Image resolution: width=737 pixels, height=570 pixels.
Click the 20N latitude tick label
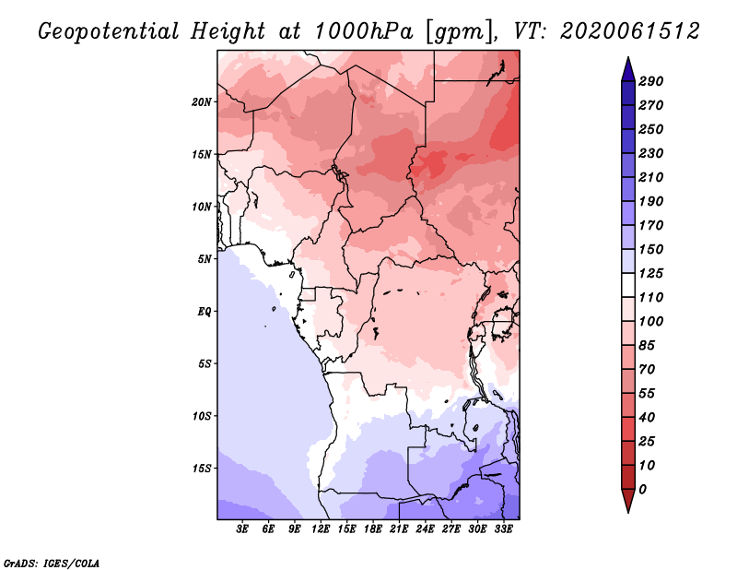click(202, 101)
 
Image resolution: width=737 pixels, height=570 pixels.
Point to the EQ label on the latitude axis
click(205, 311)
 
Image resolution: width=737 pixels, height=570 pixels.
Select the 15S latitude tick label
click(202, 468)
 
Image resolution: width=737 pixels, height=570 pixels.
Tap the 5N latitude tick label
click(205, 259)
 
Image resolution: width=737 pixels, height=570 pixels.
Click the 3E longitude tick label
click(243, 530)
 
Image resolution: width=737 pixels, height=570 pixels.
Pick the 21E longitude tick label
click(399, 530)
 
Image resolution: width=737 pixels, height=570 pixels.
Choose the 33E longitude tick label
click(503, 530)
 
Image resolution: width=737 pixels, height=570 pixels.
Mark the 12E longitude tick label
click(321, 530)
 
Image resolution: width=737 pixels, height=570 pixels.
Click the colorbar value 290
click(651, 81)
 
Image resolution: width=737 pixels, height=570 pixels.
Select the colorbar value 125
click(651, 273)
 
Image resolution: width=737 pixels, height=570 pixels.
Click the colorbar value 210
click(651, 177)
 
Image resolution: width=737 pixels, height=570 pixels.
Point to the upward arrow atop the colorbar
click(626, 68)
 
